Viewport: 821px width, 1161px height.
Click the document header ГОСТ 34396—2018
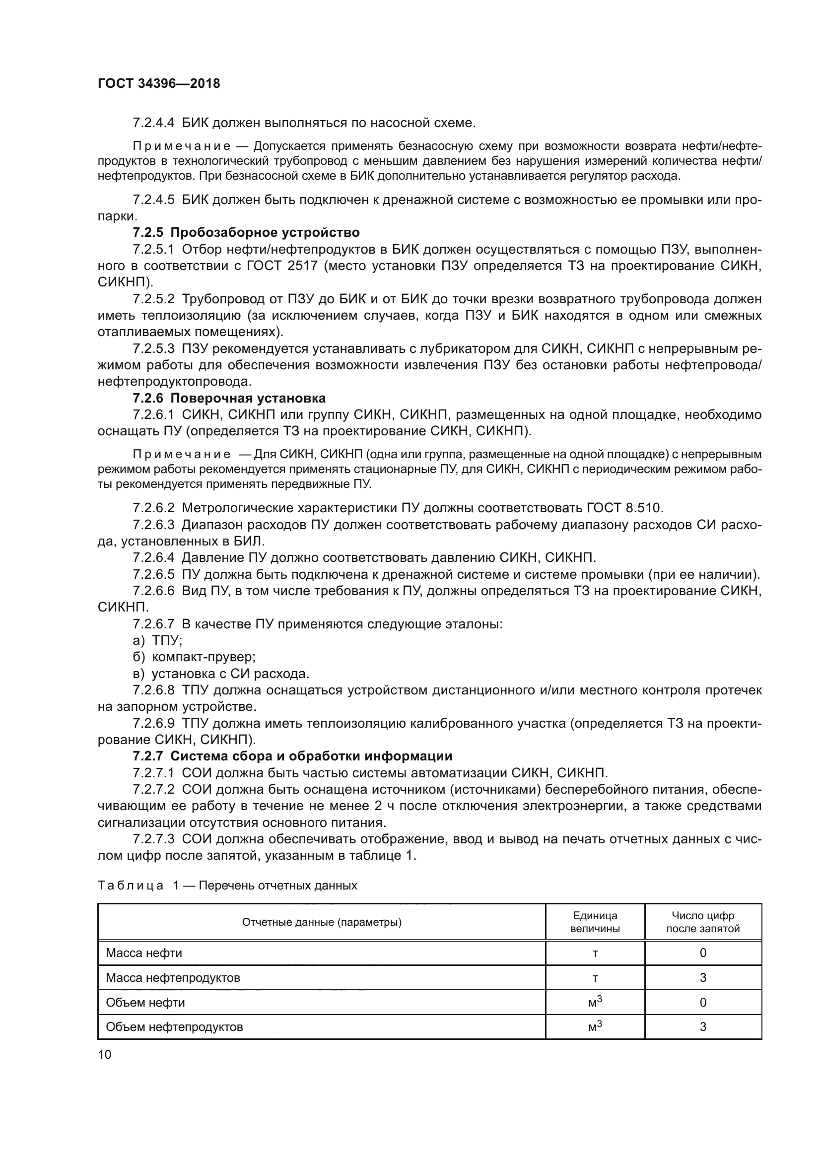tap(159, 84)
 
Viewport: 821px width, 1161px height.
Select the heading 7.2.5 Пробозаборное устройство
tap(246, 233)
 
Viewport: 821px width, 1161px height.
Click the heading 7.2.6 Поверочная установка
tap(229, 398)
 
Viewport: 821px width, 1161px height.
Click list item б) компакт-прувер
tap(194, 657)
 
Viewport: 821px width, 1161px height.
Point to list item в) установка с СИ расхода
tap(220, 674)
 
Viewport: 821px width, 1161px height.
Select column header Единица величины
tap(595, 922)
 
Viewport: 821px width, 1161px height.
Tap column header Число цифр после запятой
tap(702, 922)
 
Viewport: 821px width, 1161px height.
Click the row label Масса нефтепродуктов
tap(173, 977)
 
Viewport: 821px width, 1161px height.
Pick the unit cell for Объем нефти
tap(595, 1002)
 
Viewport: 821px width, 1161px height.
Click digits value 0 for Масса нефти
tap(702, 953)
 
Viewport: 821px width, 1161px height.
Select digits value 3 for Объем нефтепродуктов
tap(702, 1026)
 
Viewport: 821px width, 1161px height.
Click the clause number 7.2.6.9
tap(153, 724)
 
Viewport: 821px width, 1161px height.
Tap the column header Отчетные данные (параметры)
tap(322, 922)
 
